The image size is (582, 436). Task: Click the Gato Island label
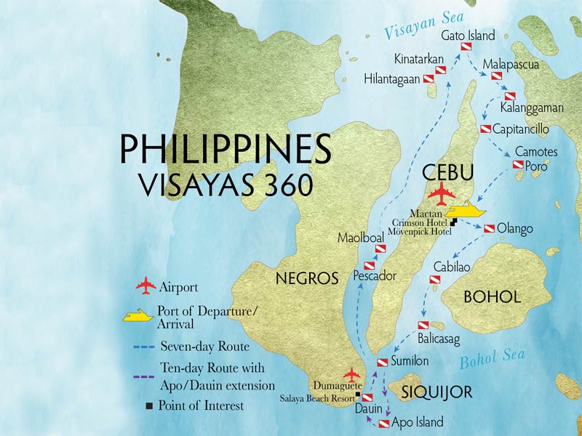[468, 35]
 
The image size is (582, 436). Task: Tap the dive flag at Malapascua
[497, 76]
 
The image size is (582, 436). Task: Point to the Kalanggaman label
[532, 108]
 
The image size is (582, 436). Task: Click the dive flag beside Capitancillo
[485, 129]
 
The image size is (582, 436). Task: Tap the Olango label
[515, 229]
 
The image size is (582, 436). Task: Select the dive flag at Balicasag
[423, 326]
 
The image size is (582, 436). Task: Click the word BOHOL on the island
[493, 297]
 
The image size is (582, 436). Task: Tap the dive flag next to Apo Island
[383, 422]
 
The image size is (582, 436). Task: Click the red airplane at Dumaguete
[352, 374]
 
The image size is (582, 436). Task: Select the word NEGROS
[306, 278]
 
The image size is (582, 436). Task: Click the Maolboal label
[360, 238]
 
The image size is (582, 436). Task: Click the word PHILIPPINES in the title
[226, 148]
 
